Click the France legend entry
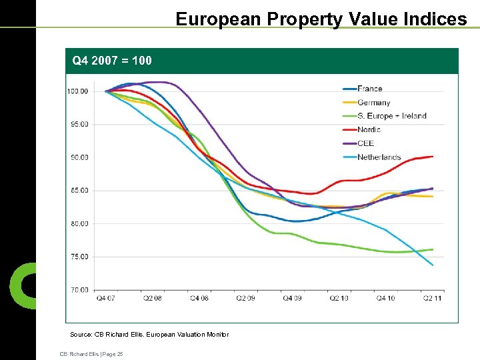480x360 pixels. (369, 89)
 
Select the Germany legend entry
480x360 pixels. (373, 103)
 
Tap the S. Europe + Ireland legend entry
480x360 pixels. (391, 116)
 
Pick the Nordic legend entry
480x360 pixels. (369, 130)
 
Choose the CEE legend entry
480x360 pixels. (365, 143)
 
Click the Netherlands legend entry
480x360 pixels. (379, 157)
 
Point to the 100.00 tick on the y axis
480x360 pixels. (77, 91)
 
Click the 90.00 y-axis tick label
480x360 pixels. (79, 157)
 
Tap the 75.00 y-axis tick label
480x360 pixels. (79, 257)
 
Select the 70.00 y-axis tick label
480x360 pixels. (79, 290)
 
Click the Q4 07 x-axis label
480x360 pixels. (105, 298)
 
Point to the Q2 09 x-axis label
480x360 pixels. (245, 298)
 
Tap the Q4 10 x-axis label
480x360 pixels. (385, 298)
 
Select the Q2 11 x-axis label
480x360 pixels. (432, 298)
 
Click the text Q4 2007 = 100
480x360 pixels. (112, 61)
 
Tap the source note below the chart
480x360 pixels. (149, 335)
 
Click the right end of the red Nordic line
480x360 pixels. (433, 157)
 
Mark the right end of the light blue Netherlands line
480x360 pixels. (433, 265)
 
